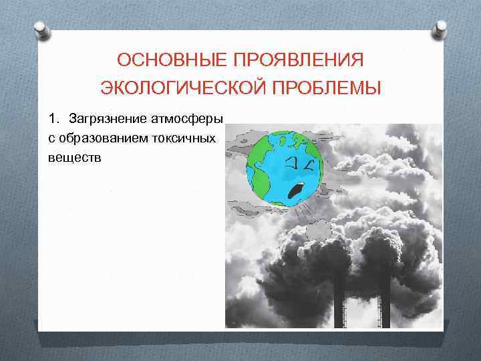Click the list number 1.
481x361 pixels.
tap(53, 119)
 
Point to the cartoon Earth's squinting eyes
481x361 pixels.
tap(301, 162)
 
